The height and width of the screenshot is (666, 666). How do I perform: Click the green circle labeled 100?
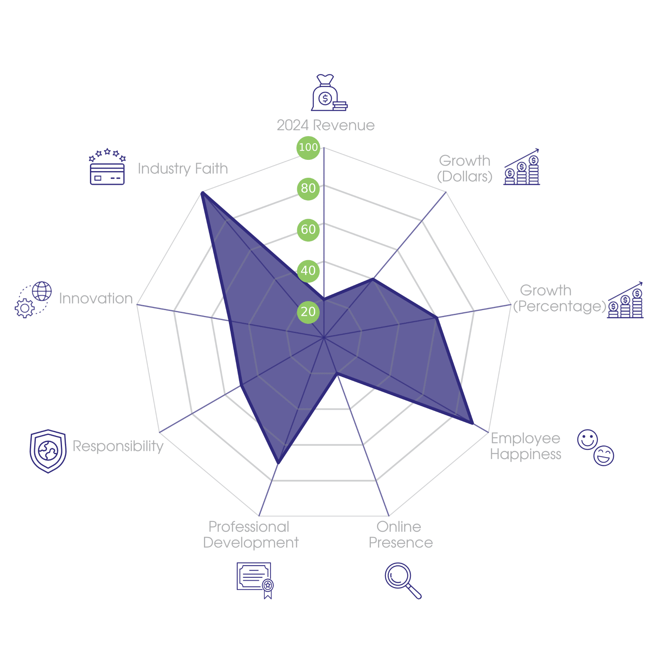coord(308,147)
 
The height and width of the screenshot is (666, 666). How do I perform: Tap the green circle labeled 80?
coord(308,188)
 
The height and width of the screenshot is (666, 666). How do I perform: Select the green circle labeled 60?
coord(308,229)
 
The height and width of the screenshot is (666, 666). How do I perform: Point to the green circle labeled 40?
coord(308,271)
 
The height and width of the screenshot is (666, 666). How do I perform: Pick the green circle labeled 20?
coord(308,312)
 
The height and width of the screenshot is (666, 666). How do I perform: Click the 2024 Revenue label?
coord(326,125)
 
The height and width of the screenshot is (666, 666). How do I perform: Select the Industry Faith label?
coord(183,169)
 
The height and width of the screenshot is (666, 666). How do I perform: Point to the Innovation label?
coord(96,298)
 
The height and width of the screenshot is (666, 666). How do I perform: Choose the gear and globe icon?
coord(33,300)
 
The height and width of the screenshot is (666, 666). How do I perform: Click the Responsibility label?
coord(118,446)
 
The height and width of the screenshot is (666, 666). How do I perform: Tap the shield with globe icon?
coord(48,451)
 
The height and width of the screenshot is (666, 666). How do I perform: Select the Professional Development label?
coord(250,535)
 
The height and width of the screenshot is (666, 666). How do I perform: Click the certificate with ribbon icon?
coord(255,580)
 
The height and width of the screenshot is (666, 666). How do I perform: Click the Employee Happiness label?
coord(525,446)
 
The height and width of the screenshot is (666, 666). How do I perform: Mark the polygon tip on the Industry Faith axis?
coord(201,192)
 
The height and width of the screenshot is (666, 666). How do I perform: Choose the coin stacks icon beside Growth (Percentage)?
coord(625,301)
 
